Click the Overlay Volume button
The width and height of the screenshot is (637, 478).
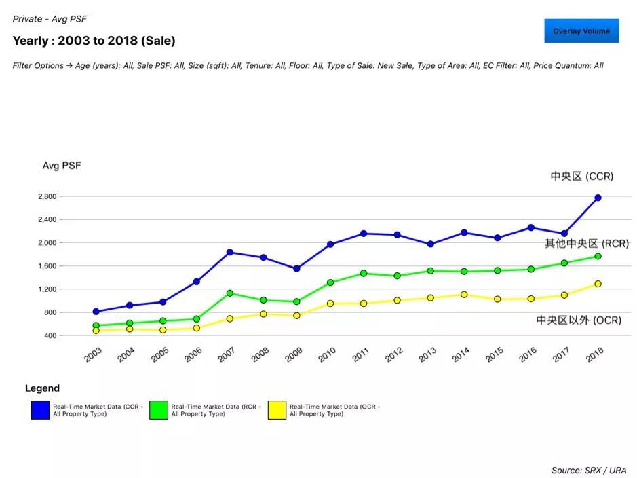click(581, 31)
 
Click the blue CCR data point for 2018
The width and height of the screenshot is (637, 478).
click(598, 198)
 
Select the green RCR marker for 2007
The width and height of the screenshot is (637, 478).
click(230, 293)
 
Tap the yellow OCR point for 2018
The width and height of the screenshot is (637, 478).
click(598, 284)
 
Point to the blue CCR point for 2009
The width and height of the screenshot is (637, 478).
click(296, 269)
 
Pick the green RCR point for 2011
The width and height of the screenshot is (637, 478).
click(364, 273)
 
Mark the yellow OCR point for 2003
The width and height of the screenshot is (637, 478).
click(96, 331)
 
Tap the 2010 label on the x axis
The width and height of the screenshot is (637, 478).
click(326, 354)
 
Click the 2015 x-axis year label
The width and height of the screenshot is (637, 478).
click(494, 354)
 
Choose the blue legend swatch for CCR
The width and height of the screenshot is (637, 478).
click(40, 410)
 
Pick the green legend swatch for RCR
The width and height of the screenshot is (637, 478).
click(159, 410)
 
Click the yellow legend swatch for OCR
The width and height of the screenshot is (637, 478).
click(277, 410)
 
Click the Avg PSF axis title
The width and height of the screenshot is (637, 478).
click(62, 166)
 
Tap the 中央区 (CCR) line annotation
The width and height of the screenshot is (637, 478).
click(581, 177)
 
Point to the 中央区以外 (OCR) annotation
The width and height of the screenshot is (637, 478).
click(579, 320)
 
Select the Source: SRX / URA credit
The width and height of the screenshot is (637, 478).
click(589, 470)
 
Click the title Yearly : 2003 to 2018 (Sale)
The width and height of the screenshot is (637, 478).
click(94, 41)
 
